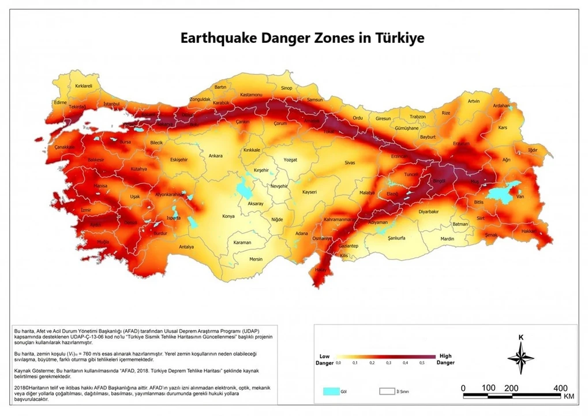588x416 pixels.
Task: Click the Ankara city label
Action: pos(215,156)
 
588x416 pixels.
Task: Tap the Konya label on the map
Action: pos(229,217)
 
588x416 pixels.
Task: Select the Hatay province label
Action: pos(320,270)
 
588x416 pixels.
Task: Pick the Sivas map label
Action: pos(350,164)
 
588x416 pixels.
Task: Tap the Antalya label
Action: pos(186,247)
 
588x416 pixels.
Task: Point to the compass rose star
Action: pos(520,358)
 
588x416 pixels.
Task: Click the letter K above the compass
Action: pos(520,337)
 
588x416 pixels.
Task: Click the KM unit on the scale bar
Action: pos(568,397)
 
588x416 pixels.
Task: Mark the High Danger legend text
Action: pos(445,359)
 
